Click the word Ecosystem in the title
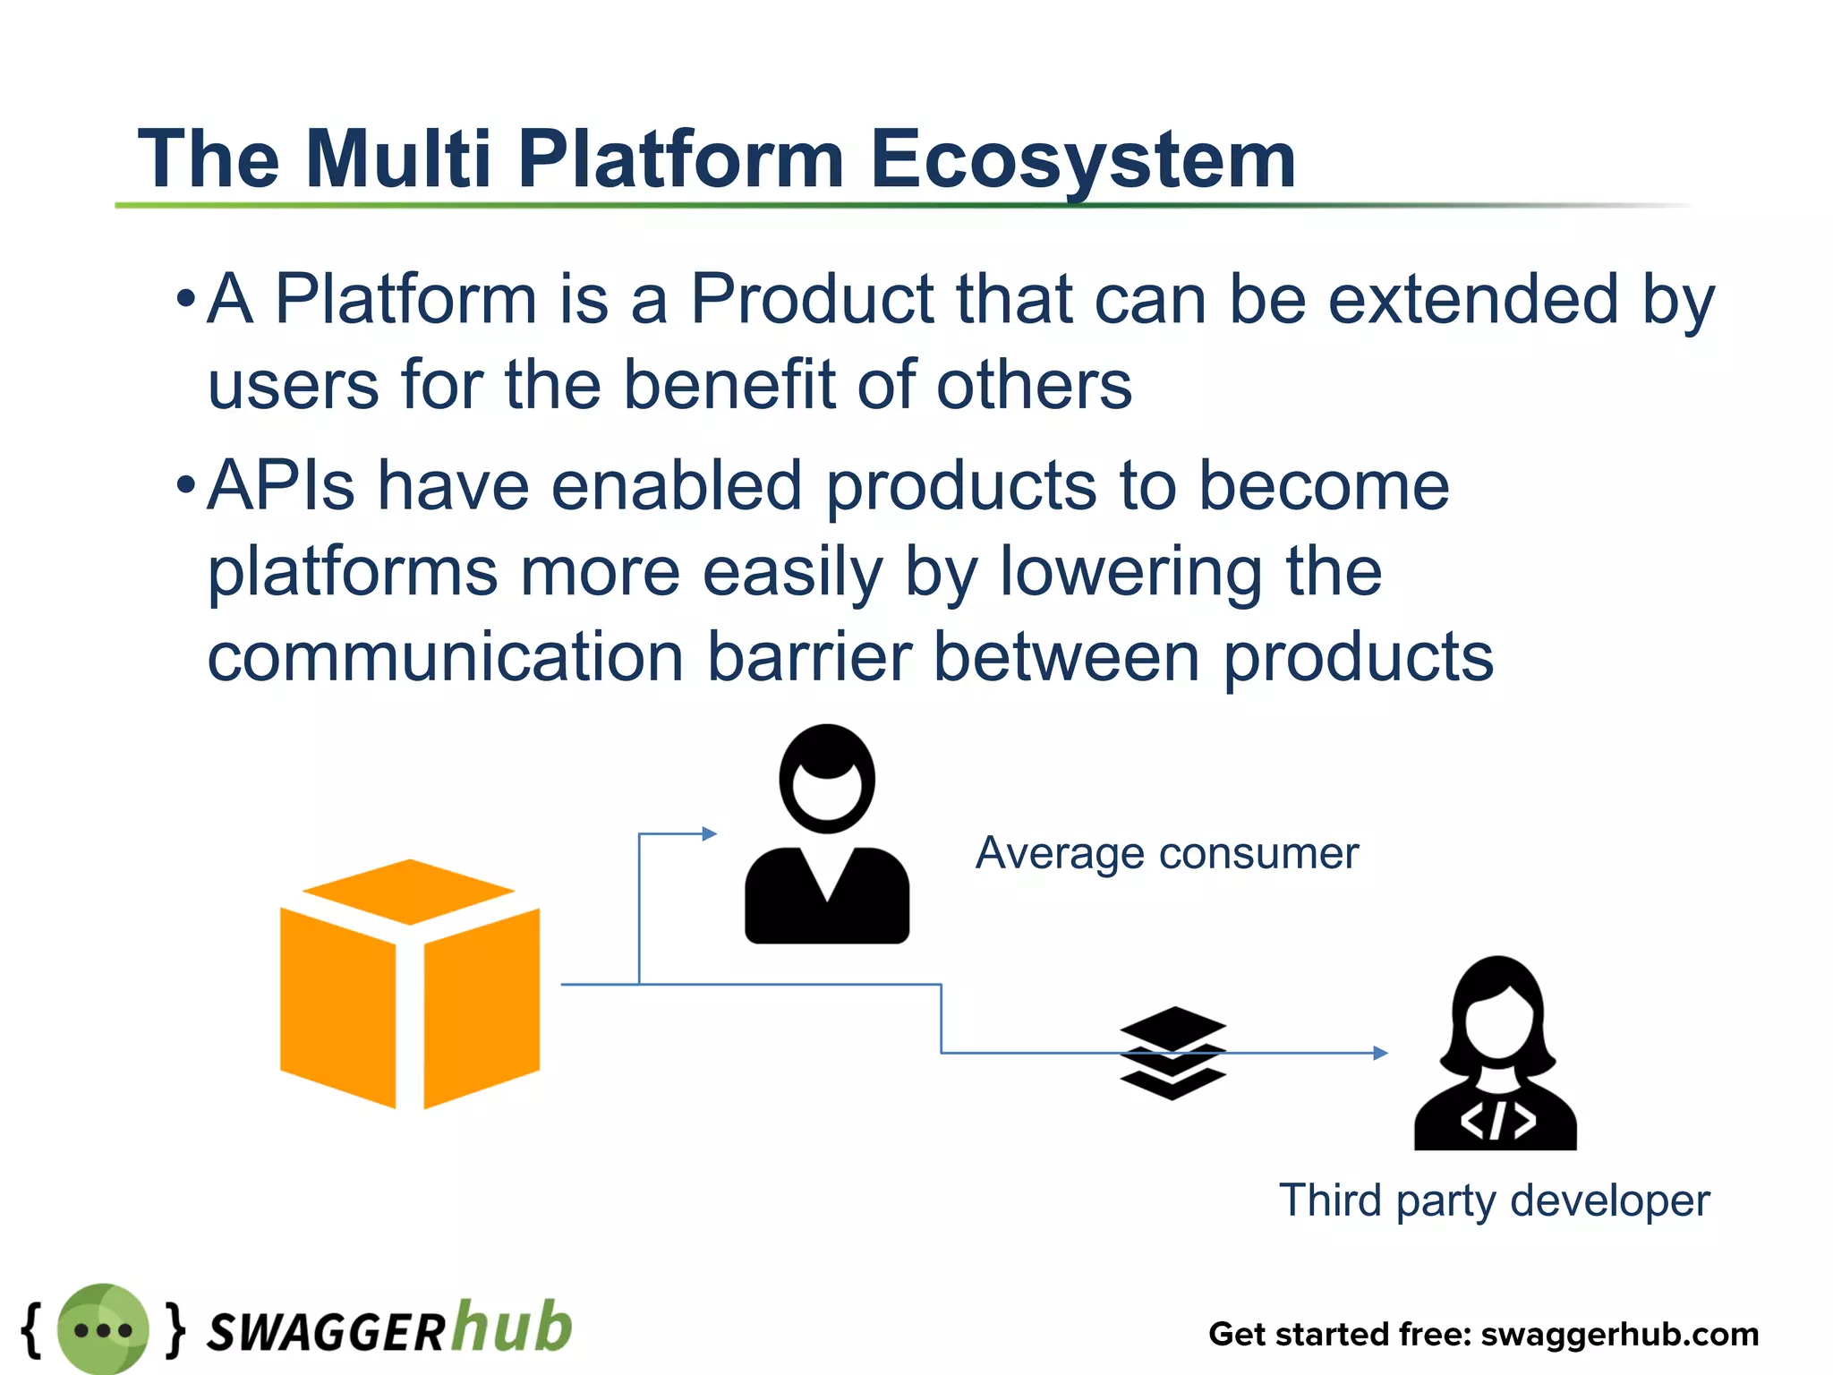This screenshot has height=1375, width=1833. (x=1083, y=159)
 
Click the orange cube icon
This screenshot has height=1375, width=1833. (x=410, y=985)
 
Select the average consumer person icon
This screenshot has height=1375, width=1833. (x=827, y=837)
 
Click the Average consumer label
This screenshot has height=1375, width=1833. (x=1166, y=853)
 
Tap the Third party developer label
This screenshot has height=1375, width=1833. (x=1494, y=1200)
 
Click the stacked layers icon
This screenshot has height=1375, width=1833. (x=1172, y=1053)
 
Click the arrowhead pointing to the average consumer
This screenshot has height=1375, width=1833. (x=710, y=833)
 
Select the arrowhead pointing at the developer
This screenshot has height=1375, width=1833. (x=1381, y=1053)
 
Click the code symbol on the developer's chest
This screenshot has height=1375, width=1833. (x=1497, y=1121)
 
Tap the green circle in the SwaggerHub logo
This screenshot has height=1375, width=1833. (x=103, y=1328)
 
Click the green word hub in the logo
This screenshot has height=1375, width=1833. (x=511, y=1326)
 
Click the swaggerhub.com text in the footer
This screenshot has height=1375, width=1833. (x=1620, y=1334)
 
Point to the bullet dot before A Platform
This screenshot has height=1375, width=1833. (x=185, y=299)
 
